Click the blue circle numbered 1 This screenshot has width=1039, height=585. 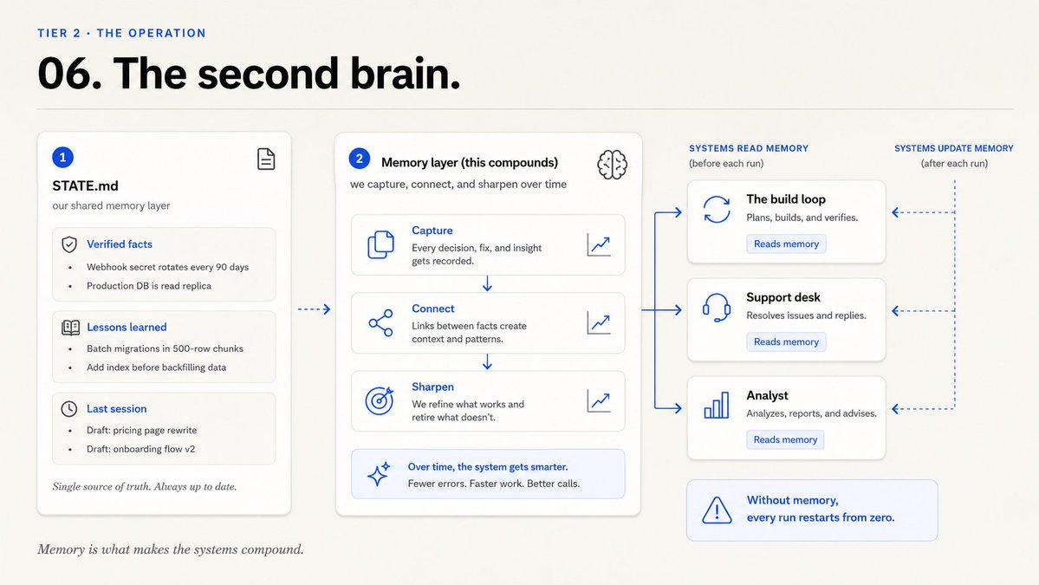coord(63,157)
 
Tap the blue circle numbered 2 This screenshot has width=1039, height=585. coord(359,159)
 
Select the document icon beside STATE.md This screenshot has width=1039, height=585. coord(266,159)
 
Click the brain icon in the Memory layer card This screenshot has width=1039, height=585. coord(612,165)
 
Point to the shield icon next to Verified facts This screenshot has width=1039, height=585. coord(69,244)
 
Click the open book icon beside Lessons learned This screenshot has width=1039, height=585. coord(70,328)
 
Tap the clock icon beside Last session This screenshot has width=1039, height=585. coord(69,409)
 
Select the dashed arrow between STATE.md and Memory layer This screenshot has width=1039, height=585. coord(314,309)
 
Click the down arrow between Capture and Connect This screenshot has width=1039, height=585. coord(487,283)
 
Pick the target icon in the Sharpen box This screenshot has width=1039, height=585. coord(379,400)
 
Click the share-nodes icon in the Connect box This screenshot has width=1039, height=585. coord(380,322)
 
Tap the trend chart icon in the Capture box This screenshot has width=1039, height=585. coord(599,244)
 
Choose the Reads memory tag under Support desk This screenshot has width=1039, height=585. coord(786,341)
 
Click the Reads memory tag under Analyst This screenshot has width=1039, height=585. coord(785,440)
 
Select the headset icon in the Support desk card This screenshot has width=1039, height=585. coord(717,308)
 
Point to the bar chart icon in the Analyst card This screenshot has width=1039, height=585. coord(717,405)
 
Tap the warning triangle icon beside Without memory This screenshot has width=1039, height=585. coord(717,510)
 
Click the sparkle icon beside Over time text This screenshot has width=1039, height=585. coord(379,474)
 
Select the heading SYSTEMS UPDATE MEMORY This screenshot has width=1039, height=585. coord(953,148)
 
